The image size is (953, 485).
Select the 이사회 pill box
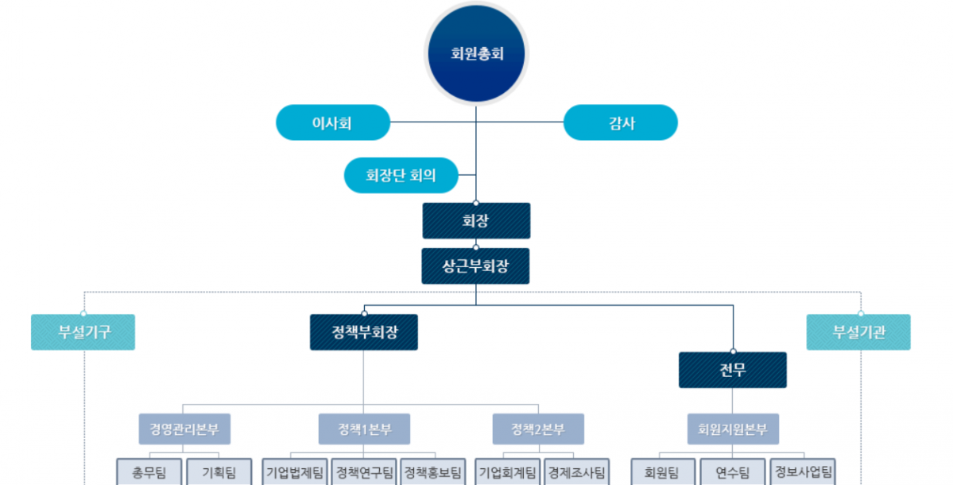332,123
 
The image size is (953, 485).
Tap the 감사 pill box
621,123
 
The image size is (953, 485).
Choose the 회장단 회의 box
401,175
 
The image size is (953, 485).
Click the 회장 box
475,220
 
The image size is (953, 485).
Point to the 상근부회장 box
475,266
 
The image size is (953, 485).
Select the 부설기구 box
83,332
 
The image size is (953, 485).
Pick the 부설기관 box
858,332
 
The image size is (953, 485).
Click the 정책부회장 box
363,332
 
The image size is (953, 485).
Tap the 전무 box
732,370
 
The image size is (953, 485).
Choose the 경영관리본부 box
184,430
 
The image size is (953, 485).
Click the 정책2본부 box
538,430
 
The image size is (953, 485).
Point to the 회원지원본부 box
733,430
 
